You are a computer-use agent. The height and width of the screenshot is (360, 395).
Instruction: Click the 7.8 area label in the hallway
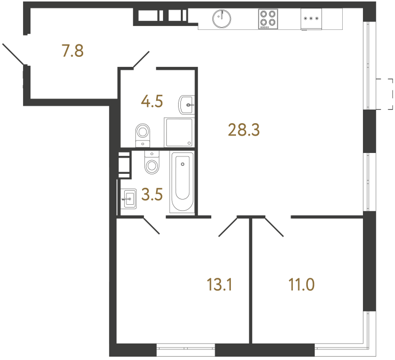(x=72, y=51)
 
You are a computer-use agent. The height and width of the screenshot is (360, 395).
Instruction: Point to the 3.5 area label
(x=152, y=196)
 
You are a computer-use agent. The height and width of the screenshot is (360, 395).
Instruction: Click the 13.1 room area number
(x=219, y=285)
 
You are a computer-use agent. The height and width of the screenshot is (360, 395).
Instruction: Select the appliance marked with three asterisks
(x=311, y=19)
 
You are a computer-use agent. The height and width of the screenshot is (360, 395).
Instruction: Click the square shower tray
(x=179, y=132)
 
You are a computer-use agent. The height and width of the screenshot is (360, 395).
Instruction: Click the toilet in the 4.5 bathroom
(x=144, y=134)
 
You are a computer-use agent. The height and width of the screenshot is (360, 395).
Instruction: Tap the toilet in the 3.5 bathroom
(x=152, y=164)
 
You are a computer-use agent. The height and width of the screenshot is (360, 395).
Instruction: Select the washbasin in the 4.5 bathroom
(x=187, y=103)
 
